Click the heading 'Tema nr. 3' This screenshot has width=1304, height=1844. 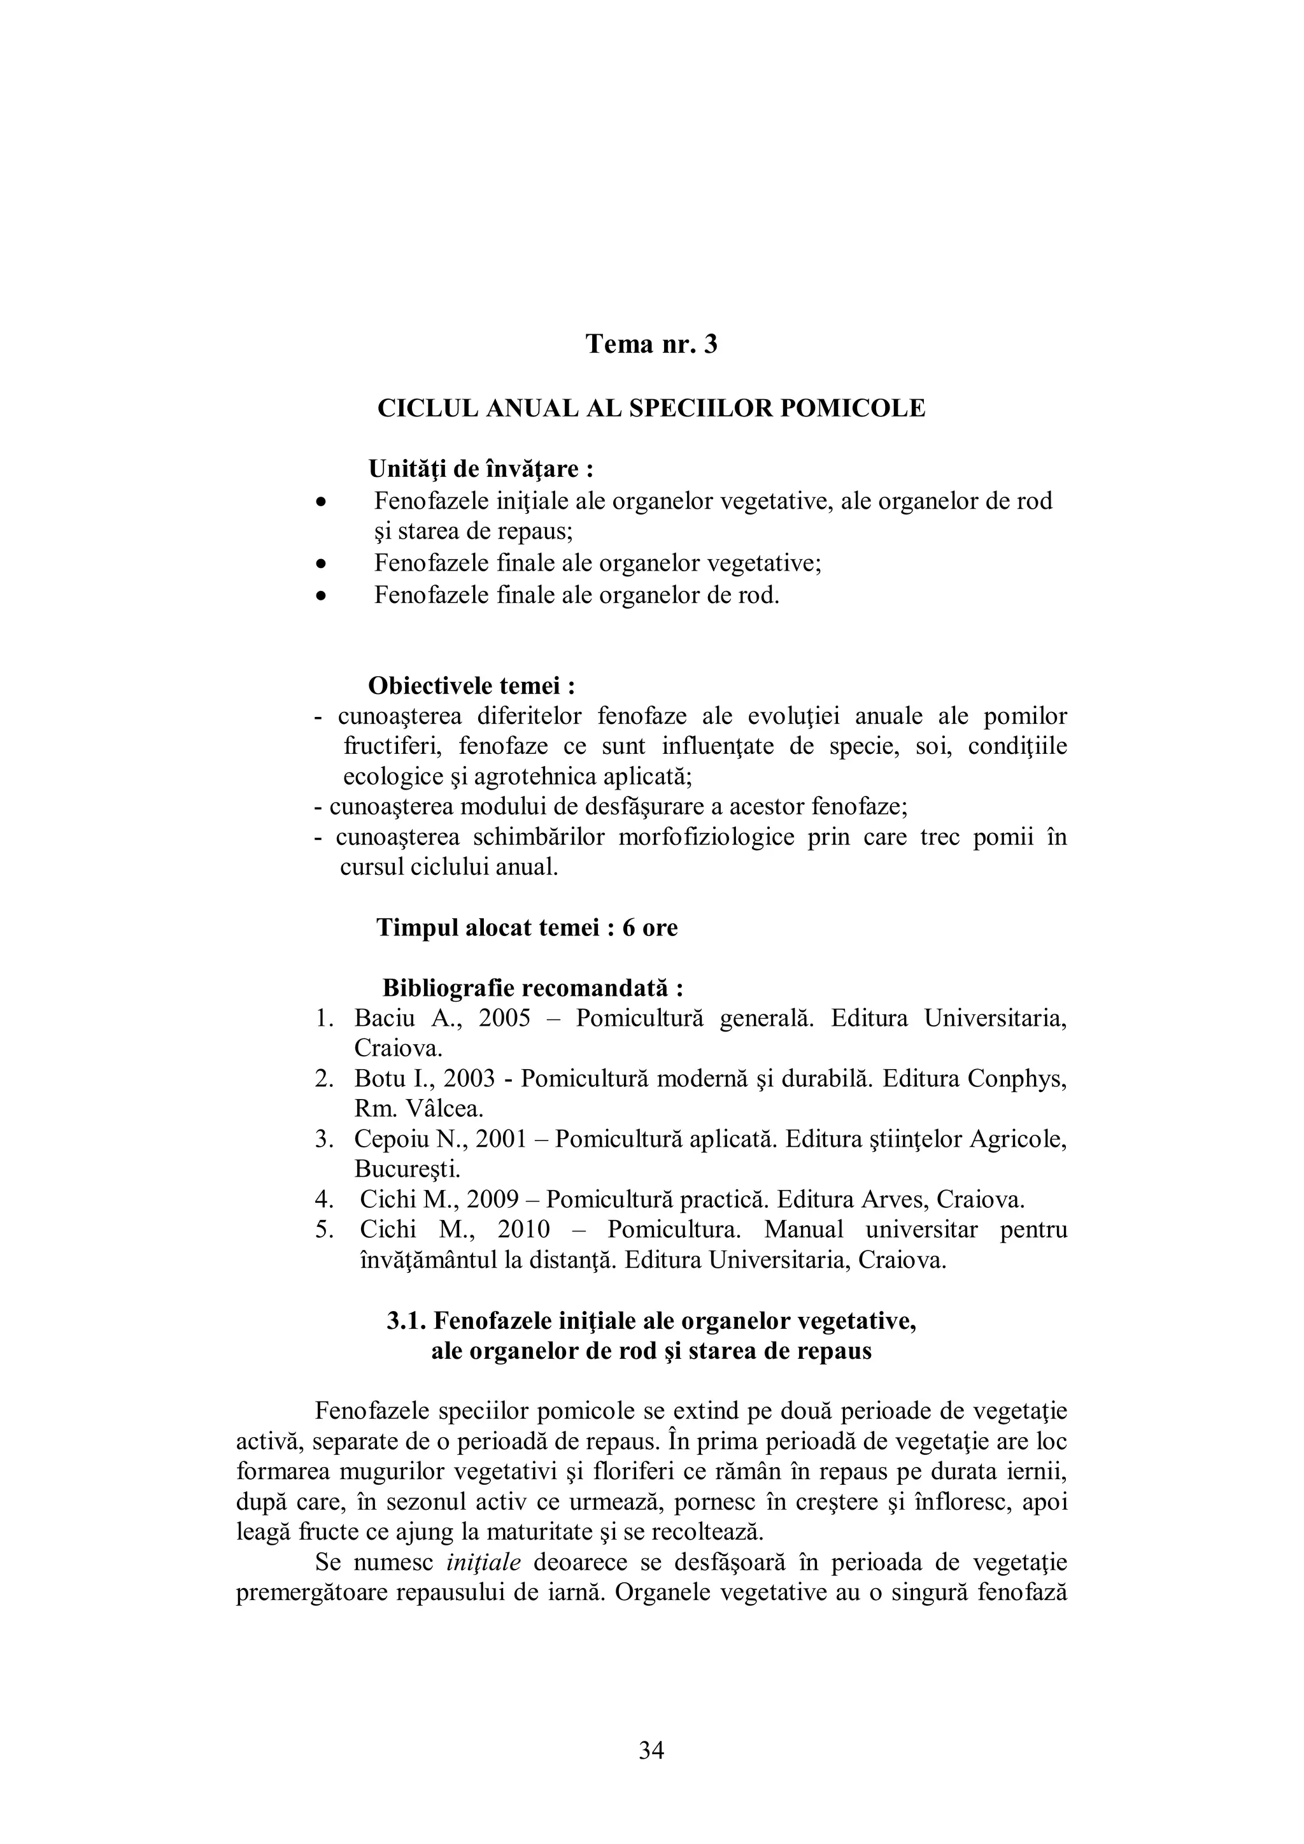(x=651, y=344)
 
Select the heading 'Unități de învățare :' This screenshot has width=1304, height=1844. (x=480, y=468)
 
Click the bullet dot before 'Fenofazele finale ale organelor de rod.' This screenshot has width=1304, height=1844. (x=321, y=596)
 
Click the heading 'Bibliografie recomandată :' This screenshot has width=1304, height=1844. (x=532, y=987)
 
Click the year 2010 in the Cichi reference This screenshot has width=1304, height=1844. (x=523, y=1230)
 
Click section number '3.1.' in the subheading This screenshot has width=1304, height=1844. (x=407, y=1321)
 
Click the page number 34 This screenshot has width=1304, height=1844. (x=651, y=1751)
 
